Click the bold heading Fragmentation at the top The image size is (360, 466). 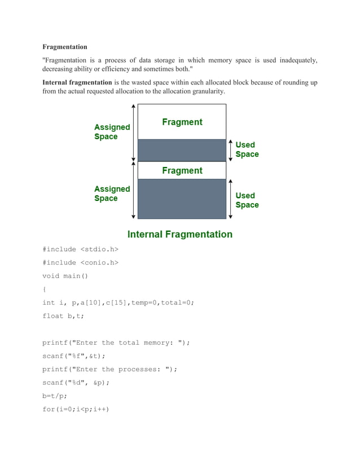click(x=65, y=47)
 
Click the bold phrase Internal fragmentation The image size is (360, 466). click(x=77, y=82)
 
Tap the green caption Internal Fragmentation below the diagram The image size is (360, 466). click(x=180, y=234)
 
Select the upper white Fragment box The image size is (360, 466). click(x=182, y=122)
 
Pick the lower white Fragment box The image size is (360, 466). click(x=182, y=170)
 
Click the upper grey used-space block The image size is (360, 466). click(x=182, y=150)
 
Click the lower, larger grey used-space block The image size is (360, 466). click(x=182, y=199)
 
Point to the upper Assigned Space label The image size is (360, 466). click(x=112, y=132)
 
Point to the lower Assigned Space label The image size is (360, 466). click(x=112, y=194)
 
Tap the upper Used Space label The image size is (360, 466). click(x=247, y=150)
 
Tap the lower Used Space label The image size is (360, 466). click(x=247, y=200)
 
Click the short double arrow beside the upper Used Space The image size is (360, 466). click(x=230, y=150)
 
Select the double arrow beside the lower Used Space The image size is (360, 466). click(x=230, y=199)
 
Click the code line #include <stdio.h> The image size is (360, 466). click(x=81, y=248)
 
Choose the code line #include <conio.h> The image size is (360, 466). click(x=81, y=262)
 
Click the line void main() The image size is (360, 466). click(x=65, y=276)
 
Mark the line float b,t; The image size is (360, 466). click(x=63, y=316)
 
